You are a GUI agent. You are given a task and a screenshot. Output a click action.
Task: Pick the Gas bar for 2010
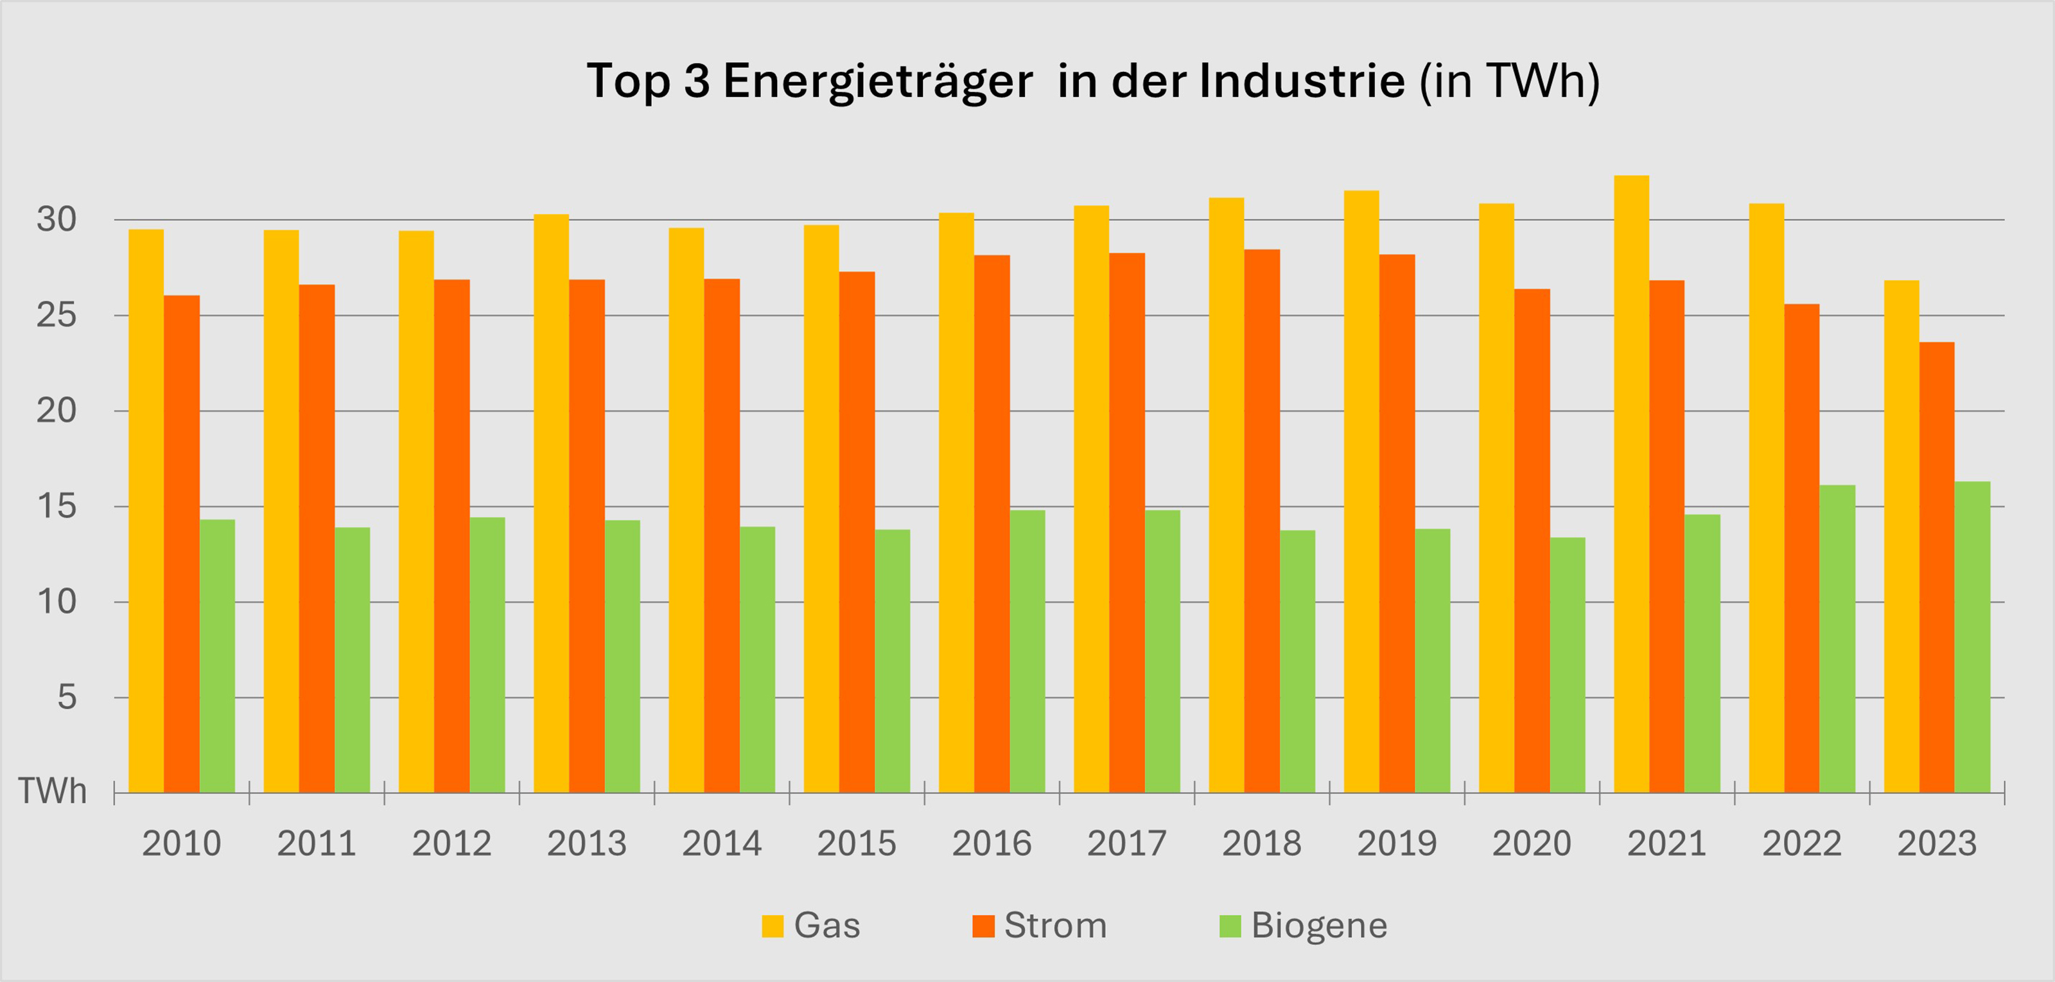(146, 511)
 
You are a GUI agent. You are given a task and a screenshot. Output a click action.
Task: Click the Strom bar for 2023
(1937, 567)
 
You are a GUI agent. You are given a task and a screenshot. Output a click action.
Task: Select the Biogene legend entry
(1304, 926)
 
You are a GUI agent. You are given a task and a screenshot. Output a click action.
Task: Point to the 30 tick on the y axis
(57, 220)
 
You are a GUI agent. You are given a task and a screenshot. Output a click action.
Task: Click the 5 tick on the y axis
(67, 697)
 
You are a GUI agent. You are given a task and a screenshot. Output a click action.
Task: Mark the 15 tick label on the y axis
(57, 507)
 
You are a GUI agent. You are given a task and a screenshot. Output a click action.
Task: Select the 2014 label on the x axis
(721, 844)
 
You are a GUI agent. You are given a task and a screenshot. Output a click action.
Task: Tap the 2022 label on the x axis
(1801, 844)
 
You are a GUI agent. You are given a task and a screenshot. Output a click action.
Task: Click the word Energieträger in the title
(877, 82)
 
